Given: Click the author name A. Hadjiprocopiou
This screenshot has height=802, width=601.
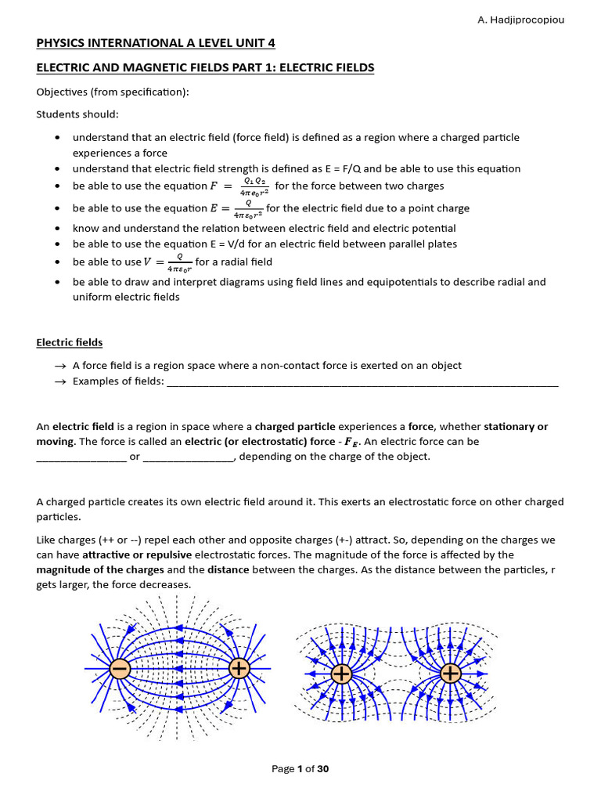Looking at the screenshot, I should [520, 20].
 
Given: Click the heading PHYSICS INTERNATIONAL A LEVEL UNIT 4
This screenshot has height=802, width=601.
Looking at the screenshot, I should [156, 43].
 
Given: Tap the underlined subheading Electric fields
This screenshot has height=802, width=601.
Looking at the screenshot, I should [69, 342].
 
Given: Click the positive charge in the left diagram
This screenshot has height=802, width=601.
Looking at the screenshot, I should [239, 668].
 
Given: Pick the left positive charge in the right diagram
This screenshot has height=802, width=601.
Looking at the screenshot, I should [341, 674].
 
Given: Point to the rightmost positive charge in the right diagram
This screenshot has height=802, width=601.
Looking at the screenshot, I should [450, 674].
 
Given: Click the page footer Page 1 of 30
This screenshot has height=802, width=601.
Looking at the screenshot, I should [300, 768].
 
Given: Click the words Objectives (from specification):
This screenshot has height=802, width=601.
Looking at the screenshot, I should [113, 92].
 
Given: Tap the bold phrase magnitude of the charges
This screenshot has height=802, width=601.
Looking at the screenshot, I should [100, 569].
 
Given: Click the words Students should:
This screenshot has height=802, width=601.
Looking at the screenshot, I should [75, 114].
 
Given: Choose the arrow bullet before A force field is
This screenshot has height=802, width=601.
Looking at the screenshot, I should [60, 366].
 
